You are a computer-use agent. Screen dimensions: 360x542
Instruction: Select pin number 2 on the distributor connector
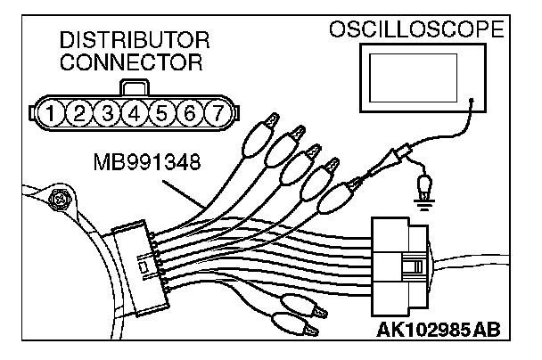pos(80,113)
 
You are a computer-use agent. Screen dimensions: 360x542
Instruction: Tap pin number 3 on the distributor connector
pos(108,113)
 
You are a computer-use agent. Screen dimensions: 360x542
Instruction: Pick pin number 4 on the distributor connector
pos(135,113)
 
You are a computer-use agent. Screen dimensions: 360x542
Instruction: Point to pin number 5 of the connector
pos(162,113)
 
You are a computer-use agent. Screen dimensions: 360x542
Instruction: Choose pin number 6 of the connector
pos(189,113)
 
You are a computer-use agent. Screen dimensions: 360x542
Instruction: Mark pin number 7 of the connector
pos(216,113)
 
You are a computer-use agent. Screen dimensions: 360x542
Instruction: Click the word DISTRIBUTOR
pos(135,41)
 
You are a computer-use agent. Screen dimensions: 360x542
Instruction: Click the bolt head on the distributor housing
pos(61,199)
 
